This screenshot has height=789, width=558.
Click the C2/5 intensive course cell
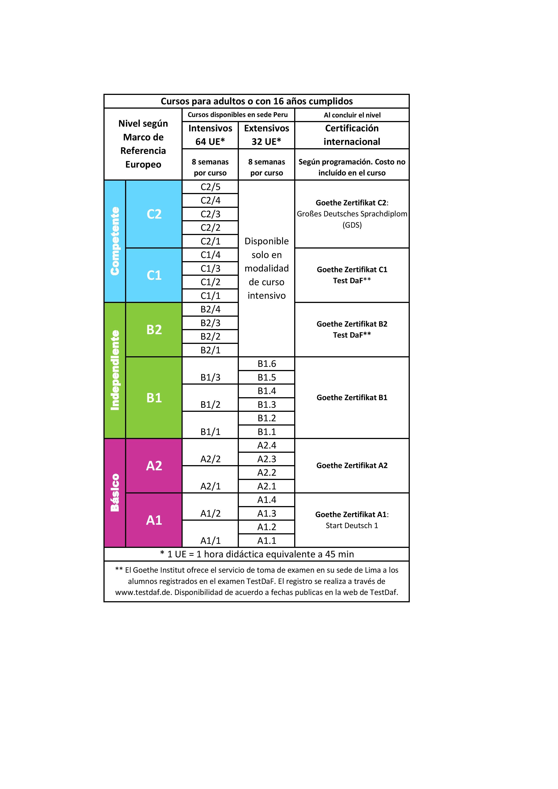point(210,187)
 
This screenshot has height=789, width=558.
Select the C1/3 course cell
point(210,268)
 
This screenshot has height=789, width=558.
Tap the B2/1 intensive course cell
point(210,350)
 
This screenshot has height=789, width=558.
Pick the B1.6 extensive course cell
point(267,363)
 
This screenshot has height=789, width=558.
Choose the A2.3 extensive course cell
point(267,459)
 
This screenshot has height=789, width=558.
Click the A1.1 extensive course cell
point(267,540)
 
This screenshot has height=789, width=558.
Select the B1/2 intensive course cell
point(210,404)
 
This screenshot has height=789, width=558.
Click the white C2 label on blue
point(154,214)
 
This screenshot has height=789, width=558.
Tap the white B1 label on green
point(154,398)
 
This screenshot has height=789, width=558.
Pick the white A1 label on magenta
point(154,520)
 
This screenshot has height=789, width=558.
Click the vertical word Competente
point(115,241)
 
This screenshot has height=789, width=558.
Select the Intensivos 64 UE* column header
point(210,135)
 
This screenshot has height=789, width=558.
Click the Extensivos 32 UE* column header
point(267,135)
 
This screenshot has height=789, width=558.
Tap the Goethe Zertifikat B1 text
point(352,398)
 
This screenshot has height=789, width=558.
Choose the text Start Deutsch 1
point(352,525)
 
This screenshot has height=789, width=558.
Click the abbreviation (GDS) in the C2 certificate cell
point(352,225)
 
